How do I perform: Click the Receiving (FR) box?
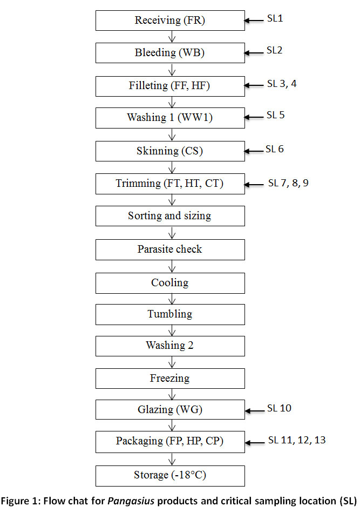pos(170,21)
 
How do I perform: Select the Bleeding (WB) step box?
pos(170,53)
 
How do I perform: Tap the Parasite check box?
pos(170,249)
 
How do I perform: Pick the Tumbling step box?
pos(170,314)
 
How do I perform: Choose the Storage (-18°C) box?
pos(170,476)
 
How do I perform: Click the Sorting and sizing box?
pos(170,216)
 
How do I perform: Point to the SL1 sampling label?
pos(275,18)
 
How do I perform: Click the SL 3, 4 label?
pos(282,84)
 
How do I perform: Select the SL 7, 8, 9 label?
pos(288,183)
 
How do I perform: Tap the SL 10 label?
pos(279,408)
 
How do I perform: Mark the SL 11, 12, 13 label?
pos(297,440)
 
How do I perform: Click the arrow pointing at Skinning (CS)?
pos(254,151)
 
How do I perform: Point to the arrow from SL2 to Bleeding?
pos(254,53)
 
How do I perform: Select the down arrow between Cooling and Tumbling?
pos(172,299)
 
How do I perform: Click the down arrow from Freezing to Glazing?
pos(172,394)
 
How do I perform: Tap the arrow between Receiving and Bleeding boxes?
pos(172,37)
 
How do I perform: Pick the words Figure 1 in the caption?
pos(19,501)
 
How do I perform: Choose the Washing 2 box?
pos(170,346)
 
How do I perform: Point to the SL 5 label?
pos(276,115)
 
